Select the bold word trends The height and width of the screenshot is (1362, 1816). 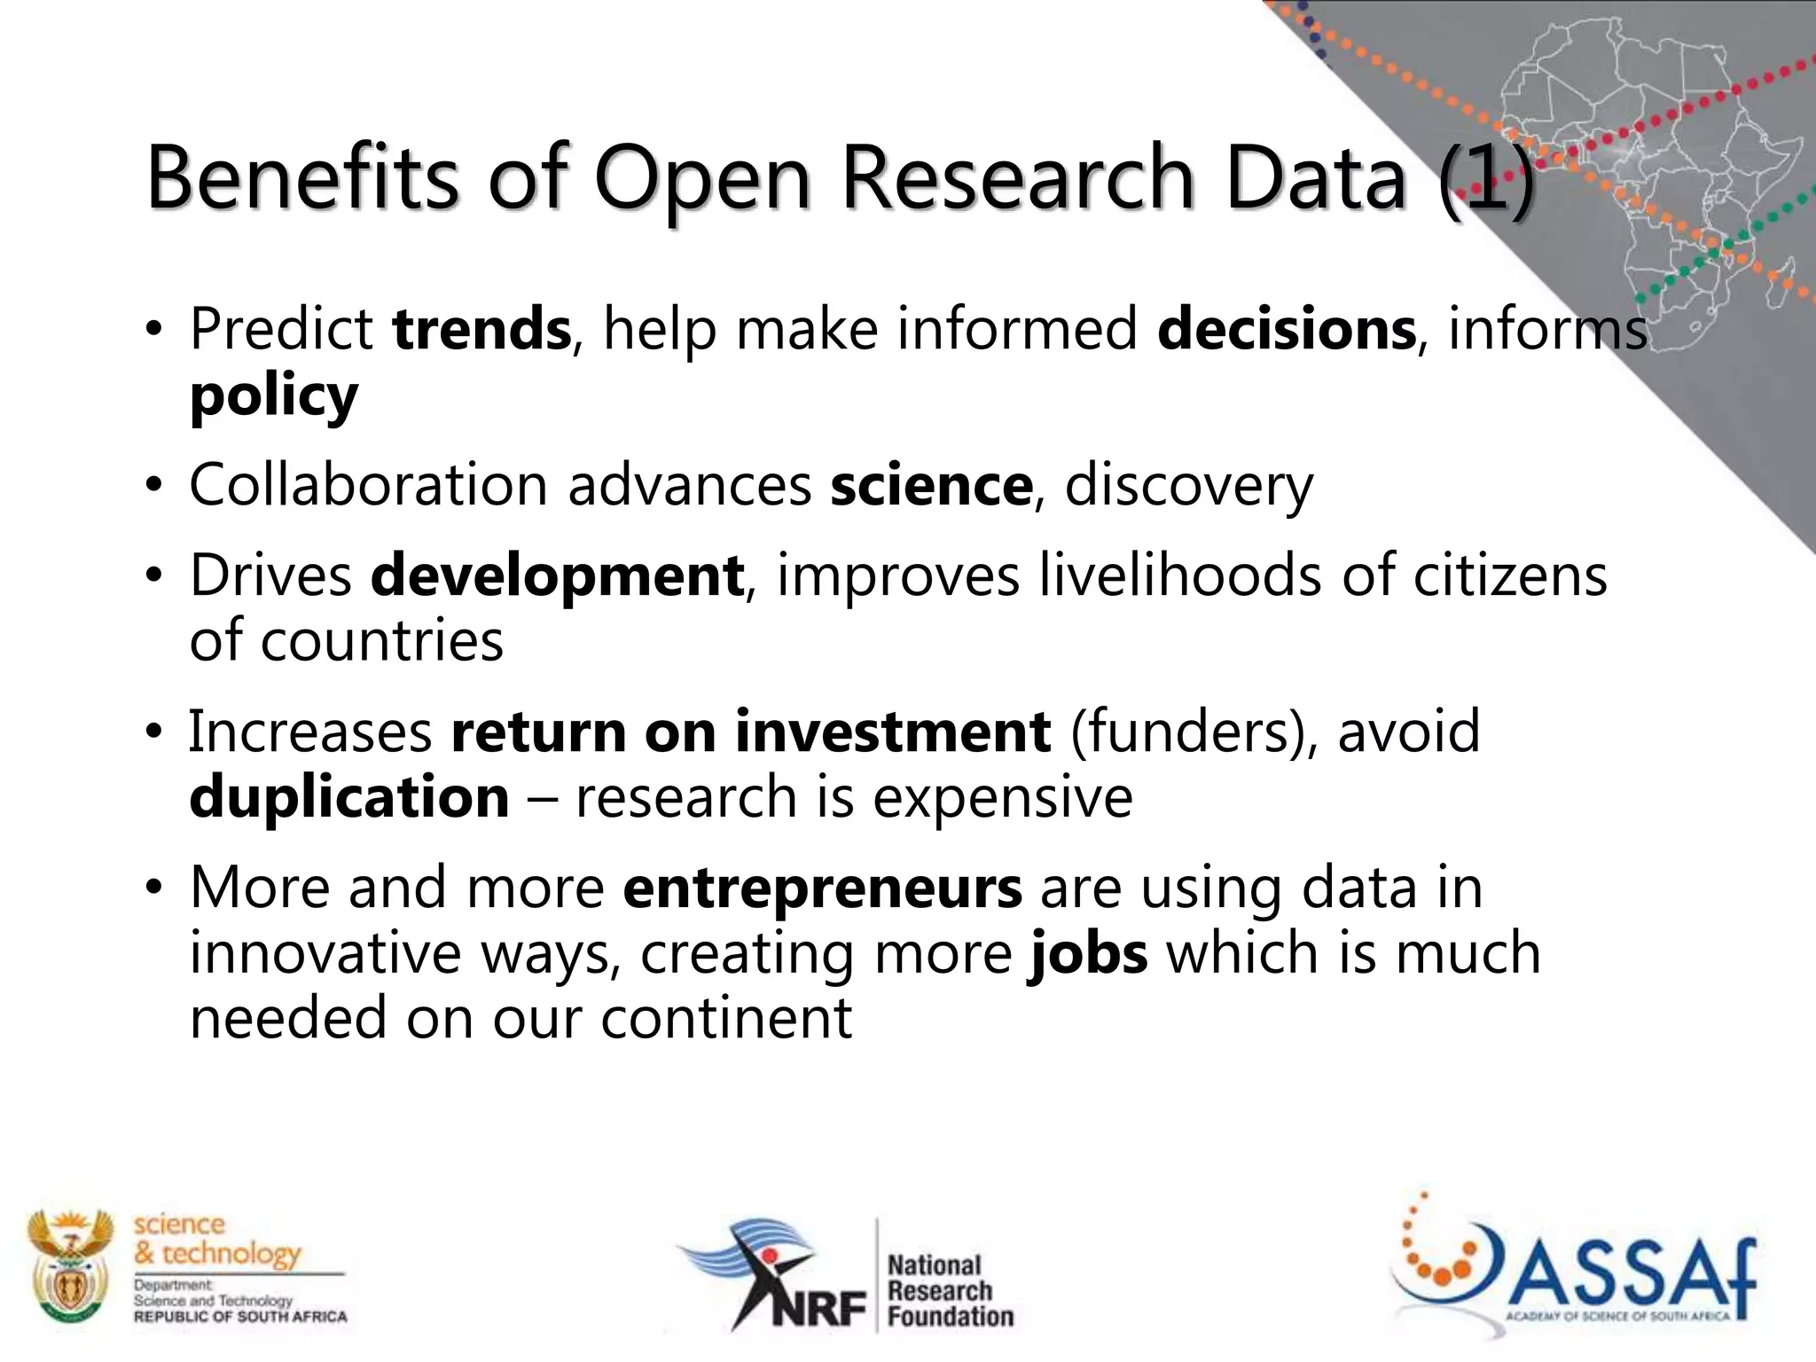click(481, 329)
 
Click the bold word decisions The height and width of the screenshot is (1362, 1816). click(1287, 329)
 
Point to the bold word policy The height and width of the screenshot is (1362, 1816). click(274, 396)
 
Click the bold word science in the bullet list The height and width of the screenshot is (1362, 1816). click(931, 485)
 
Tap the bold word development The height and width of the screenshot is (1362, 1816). click(557, 575)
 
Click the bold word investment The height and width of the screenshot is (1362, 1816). click(893, 732)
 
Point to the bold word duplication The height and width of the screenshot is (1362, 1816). click(349, 796)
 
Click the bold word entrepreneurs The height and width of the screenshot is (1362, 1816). click(822, 888)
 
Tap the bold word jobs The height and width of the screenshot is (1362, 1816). click(1088, 953)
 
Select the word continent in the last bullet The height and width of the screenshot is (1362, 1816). click(726, 1018)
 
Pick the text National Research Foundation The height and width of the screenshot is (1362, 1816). click(949, 1290)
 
